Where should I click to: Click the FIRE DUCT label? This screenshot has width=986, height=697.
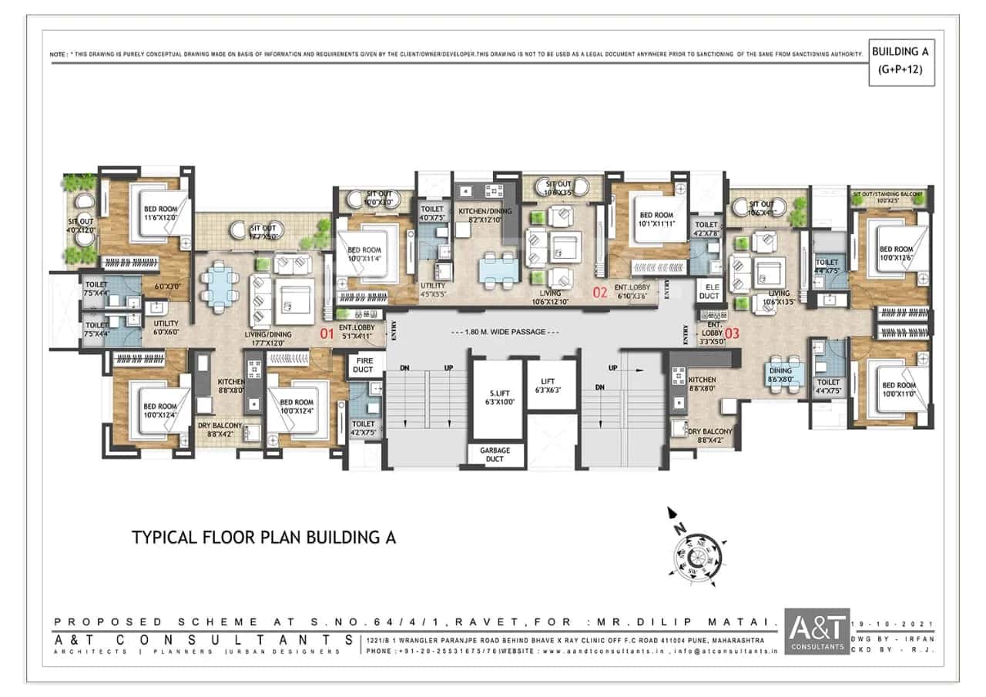(x=363, y=364)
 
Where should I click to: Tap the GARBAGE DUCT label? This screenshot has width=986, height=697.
(x=495, y=454)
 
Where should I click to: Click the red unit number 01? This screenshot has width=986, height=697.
(x=327, y=334)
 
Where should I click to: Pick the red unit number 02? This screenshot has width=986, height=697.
(x=600, y=293)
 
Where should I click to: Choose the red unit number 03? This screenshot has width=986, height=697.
(x=732, y=333)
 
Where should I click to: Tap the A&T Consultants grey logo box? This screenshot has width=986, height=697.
(x=817, y=632)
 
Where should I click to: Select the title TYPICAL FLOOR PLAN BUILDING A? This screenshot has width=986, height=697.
(x=264, y=538)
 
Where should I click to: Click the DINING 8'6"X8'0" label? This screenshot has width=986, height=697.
(x=780, y=374)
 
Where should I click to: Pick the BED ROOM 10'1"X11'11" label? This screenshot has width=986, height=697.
(x=657, y=219)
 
